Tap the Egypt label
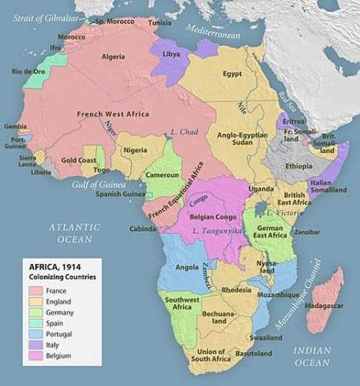232,74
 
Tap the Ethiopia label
298,166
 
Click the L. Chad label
184,131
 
